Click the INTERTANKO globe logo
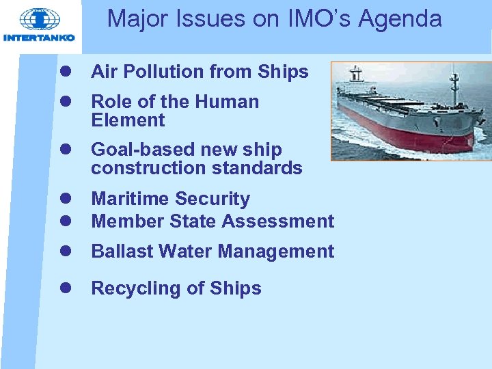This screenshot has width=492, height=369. pos(39,19)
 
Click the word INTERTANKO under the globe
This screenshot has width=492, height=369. pos(39,38)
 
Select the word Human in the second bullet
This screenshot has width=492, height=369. pos(228,102)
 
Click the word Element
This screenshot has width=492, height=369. pos(128,120)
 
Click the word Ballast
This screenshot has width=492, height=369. pos(122,251)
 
